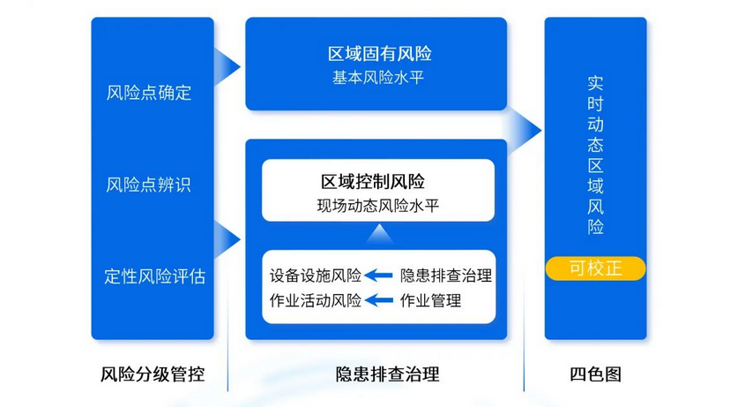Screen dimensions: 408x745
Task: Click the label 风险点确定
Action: tap(148, 93)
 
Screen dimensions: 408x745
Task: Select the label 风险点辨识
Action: tap(148, 185)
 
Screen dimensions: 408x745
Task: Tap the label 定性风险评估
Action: tap(154, 276)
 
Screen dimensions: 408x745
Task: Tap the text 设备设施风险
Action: tap(316, 275)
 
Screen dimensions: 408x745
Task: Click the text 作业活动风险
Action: tap(316, 300)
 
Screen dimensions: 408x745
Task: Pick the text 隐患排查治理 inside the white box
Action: tap(446, 275)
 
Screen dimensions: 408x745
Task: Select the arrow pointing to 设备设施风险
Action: tap(380, 275)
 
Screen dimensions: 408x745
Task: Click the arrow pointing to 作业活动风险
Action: tap(380, 300)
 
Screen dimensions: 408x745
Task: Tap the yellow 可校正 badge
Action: tap(596, 268)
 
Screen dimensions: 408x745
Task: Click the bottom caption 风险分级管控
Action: tap(153, 374)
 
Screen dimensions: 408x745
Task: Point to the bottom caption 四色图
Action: tap(596, 374)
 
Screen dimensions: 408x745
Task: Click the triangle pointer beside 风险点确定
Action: tap(229, 64)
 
